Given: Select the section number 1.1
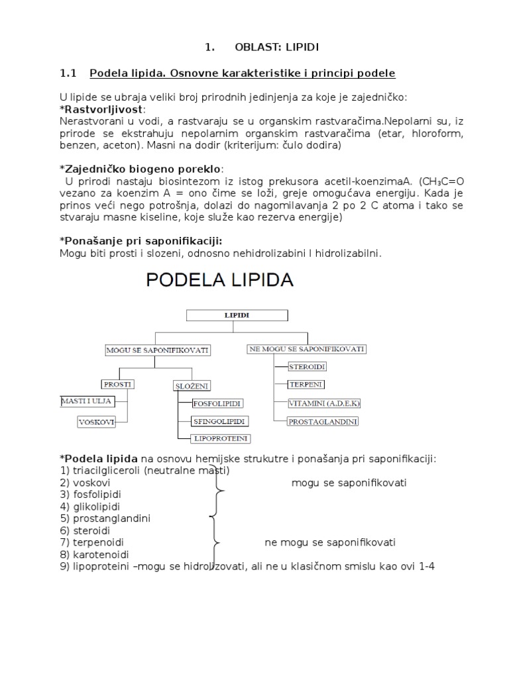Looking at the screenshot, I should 69,72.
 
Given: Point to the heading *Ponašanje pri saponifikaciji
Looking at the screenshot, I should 141,240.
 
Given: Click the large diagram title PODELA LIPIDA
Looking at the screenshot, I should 219,280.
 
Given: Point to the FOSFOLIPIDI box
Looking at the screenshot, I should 217,403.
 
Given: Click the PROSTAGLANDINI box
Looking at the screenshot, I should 323,420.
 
